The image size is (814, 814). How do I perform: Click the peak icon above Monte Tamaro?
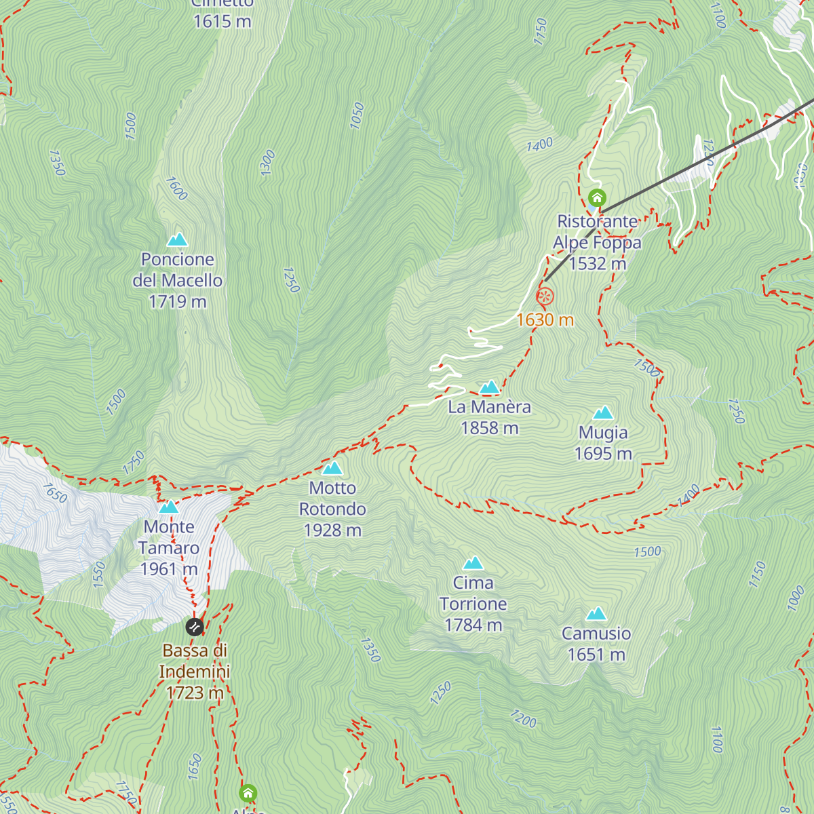pos(168,507)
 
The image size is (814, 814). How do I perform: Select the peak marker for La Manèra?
pos(489,387)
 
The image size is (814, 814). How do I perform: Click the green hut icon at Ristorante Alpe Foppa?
pos(597,197)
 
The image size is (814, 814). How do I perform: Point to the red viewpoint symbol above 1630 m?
pos(545,296)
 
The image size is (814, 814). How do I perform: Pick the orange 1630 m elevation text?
pos(545,319)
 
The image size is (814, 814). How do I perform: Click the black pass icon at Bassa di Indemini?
pos(195,626)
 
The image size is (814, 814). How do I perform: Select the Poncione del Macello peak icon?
pos(177,239)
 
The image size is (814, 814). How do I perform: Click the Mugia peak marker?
pos(603,413)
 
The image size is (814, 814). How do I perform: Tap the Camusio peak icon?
pos(596,614)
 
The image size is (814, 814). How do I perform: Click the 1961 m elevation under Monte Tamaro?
pos(169,569)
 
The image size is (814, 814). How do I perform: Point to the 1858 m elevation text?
pos(489,428)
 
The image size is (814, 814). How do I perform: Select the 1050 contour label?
pos(357,115)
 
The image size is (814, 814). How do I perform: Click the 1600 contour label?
pos(176,189)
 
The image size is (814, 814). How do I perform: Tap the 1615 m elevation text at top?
pos(222,22)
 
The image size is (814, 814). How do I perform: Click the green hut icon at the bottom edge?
pos(248,792)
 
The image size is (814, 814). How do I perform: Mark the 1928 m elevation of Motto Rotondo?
pos(332,530)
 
